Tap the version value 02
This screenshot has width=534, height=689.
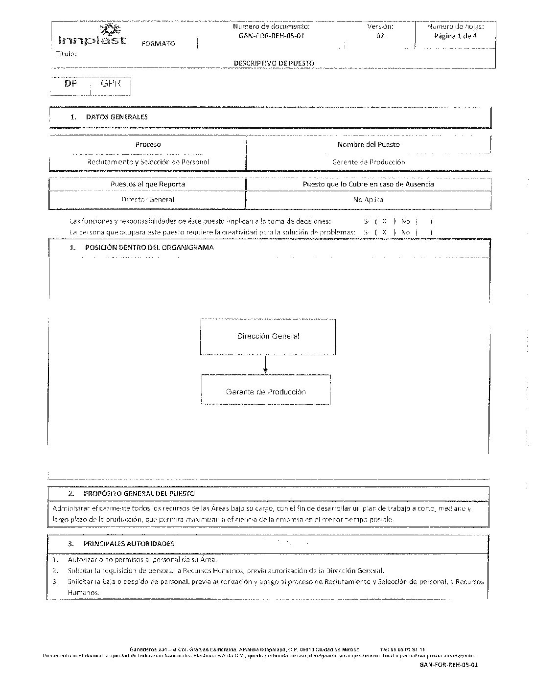pos(380,36)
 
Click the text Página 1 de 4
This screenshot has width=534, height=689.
pos(455,36)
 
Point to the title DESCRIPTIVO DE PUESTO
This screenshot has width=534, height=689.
pos(274,63)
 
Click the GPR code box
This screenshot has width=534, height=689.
pos(111,83)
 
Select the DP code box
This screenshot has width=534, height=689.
pos(71,83)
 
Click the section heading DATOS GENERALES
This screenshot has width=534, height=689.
pos(116,117)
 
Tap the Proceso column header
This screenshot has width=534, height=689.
pos(148,144)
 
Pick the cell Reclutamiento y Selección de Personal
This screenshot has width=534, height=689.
pos(148,161)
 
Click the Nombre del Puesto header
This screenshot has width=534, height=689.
pos(368,144)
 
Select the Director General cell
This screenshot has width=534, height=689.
pos(148,200)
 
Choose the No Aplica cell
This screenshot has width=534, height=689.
pos(368,200)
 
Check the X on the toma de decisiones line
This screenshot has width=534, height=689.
pos(385,221)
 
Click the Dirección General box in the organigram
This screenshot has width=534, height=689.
pos(268,336)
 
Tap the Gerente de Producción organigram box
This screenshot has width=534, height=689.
pos(266,391)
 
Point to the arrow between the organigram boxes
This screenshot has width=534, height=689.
pos(265,365)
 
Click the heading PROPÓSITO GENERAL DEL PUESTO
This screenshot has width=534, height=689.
pos(139,494)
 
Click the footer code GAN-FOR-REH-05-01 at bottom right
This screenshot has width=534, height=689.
pos(448,665)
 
